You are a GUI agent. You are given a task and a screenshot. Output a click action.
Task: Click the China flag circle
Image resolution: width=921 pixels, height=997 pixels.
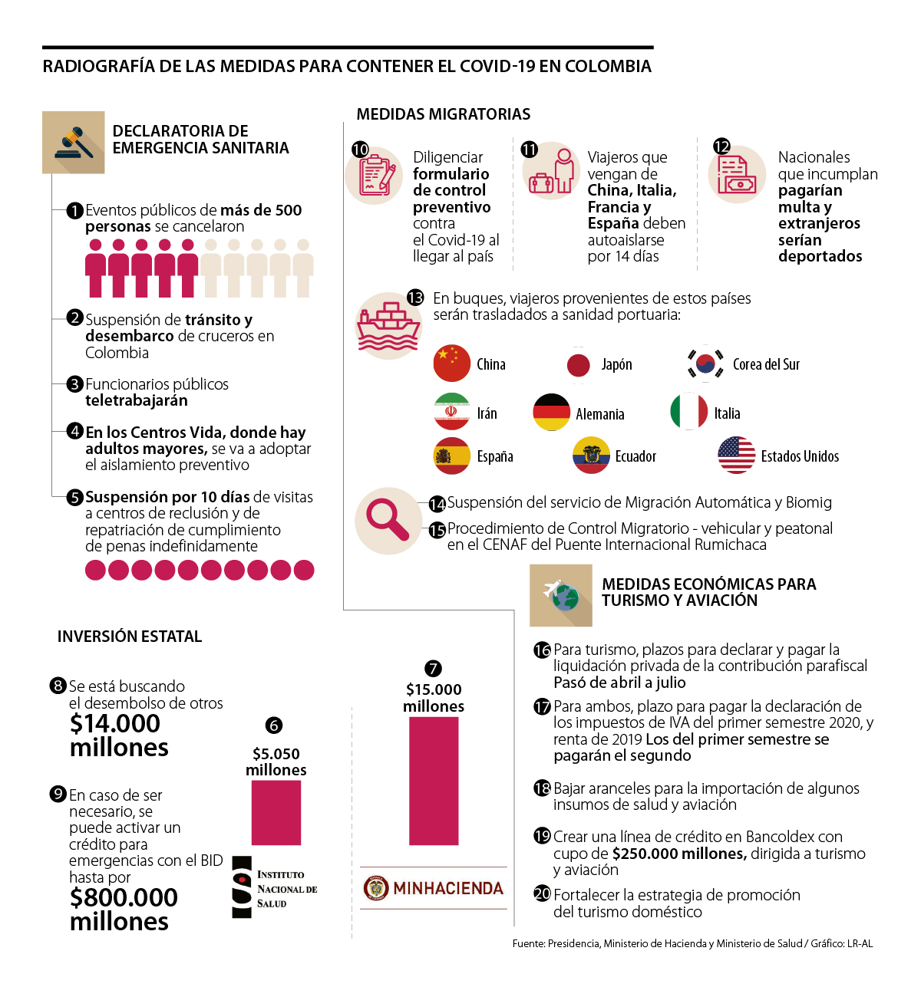click(451, 364)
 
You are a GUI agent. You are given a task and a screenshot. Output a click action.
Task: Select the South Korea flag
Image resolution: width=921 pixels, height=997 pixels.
click(705, 364)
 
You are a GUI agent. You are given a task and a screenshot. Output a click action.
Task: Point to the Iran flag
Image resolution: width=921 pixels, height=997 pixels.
click(451, 412)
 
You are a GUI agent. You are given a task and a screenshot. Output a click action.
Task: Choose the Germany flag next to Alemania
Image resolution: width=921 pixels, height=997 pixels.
click(551, 413)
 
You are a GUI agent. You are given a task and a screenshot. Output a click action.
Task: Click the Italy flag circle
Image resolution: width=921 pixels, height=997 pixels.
click(688, 412)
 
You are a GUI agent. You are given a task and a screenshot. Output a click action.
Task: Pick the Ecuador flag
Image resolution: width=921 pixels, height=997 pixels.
click(591, 456)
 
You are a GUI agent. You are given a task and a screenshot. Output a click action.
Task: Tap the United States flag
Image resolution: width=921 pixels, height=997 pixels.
click(736, 455)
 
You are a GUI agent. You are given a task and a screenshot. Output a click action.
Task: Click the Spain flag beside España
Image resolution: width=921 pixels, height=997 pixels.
click(451, 456)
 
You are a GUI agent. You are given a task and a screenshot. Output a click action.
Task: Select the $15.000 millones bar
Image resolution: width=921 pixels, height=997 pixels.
click(434, 781)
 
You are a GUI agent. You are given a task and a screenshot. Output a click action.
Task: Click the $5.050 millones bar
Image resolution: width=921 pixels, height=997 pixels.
click(276, 812)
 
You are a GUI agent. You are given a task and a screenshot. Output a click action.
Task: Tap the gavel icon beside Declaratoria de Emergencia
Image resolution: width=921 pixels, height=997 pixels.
click(74, 143)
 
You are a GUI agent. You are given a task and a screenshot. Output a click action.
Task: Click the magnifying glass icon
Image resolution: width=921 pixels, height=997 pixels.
click(388, 520)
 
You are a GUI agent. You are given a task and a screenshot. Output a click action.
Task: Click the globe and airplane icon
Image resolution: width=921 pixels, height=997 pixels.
click(561, 595)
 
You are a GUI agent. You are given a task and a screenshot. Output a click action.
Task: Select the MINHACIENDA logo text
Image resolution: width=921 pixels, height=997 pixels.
click(448, 888)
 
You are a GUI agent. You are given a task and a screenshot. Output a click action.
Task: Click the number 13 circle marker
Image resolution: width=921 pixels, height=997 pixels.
click(415, 298)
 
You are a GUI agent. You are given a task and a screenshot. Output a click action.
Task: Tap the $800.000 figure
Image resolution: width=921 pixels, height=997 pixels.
click(124, 897)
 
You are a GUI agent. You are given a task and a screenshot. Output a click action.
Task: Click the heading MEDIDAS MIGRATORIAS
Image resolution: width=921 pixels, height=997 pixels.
click(444, 114)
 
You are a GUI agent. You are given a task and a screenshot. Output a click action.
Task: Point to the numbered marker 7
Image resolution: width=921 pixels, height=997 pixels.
click(433, 669)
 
